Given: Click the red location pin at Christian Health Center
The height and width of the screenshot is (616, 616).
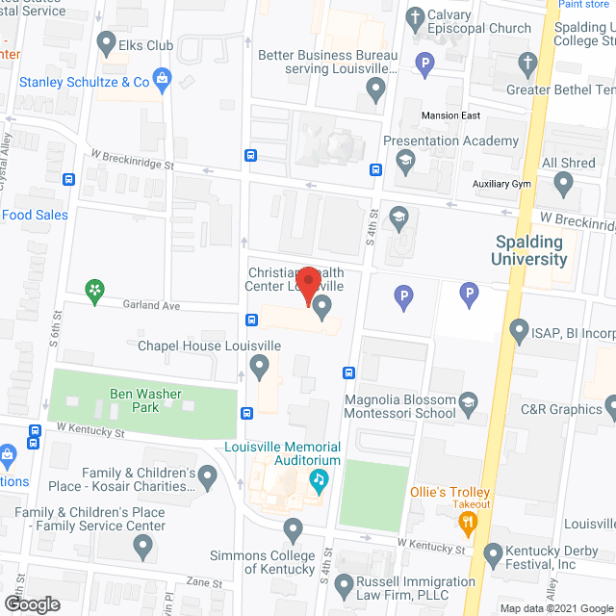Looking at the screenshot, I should (308, 283).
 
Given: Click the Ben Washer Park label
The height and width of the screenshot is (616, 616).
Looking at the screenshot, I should (145, 400).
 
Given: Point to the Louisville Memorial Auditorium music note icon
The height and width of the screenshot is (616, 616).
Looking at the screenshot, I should (317, 478).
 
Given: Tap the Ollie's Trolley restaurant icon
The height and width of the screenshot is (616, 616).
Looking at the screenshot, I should (469, 523).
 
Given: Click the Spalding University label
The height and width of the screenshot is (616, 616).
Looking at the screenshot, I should (530, 251).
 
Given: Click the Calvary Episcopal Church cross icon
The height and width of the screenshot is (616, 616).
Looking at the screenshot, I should (415, 16).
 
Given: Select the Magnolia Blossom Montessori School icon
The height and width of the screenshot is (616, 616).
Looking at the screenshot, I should (469, 400).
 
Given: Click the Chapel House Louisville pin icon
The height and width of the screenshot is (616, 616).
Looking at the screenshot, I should (258, 365).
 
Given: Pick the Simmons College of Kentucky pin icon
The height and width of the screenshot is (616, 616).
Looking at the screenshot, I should (294, 528).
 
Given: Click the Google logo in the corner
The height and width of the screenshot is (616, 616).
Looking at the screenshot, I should (31, 603).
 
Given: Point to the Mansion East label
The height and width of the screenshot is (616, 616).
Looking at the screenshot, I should (450, 115).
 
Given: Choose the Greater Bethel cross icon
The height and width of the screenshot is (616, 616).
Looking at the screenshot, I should (526, 64).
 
